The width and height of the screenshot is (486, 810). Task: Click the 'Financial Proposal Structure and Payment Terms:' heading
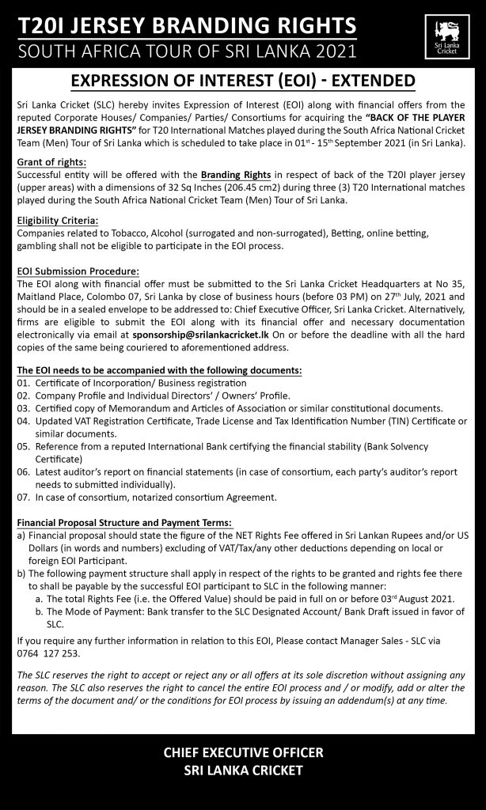pyautogui.click(x=124, y=522)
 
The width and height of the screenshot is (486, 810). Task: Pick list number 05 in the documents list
pyautogui.click(x=23, y=445)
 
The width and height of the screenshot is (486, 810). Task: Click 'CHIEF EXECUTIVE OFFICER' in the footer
pyautogui.click(x=243, y=753)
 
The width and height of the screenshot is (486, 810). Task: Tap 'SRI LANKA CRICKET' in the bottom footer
pyautogui.click(x=243, y=770)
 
